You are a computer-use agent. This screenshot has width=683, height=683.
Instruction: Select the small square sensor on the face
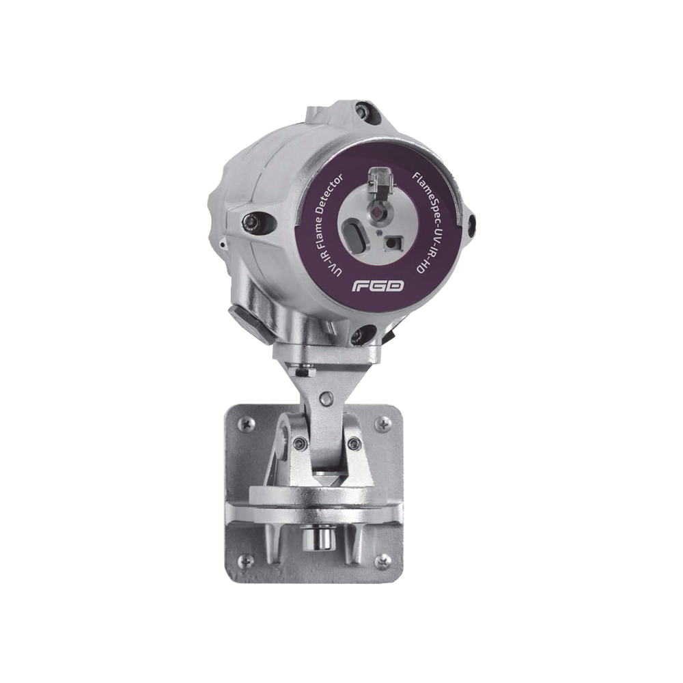pyautogui.click(x=392, y=242)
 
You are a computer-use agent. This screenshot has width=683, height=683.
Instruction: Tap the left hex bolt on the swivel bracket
pyautogui.click(x=297, y=445)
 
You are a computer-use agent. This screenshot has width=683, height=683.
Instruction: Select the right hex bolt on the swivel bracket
pyautogui.click(x=352, y=445)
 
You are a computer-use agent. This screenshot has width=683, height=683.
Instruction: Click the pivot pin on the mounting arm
pyautogui.click(x=329, y=395)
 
